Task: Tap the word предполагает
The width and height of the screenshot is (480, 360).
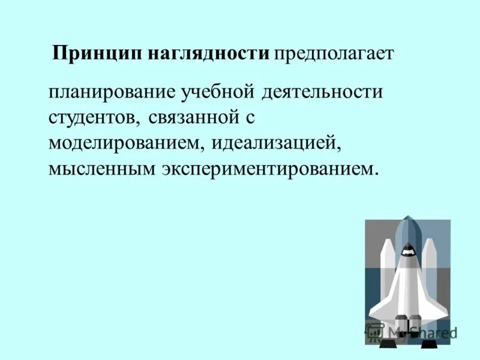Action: pos(334,53)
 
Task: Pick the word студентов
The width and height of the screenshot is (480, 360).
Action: pos(93,118)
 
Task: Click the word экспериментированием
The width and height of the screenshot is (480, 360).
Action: pos(270,169)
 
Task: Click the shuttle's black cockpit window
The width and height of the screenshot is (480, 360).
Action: pos(407,251)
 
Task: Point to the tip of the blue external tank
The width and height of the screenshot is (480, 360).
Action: pos(407,218)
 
